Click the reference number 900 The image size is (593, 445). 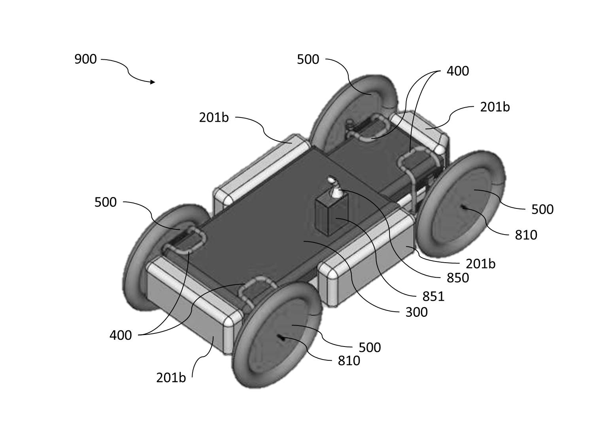pyautogui.click(x=85, y=59)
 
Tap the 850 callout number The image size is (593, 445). pyautogui.click(x=457, y=278)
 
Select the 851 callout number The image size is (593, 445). pyautogui.click(x=433, y=296)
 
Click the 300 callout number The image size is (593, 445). pyautogui.click(x=416, y=312)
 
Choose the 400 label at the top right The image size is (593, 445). pyautogui.click(x=457, y=71)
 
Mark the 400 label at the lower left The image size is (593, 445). pyautogui.click(x=121, y=335)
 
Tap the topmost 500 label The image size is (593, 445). pyautogui.click(x=308, y=59)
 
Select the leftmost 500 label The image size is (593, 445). pyautogui.click(x=106, y=202)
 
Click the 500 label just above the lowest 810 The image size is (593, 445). pyautogui.click(x=370, y=347)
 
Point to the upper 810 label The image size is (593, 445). pyautogui.click(x=526, y=235)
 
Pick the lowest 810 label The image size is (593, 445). pyautogui.click(x=349, y=361)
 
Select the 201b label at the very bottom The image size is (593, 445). pyautogui.click(x=171, y=378)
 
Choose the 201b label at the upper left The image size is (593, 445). pyautogui.click(x=214, y=117)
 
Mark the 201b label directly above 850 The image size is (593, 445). pyautogui.click(x=480, y=264)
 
